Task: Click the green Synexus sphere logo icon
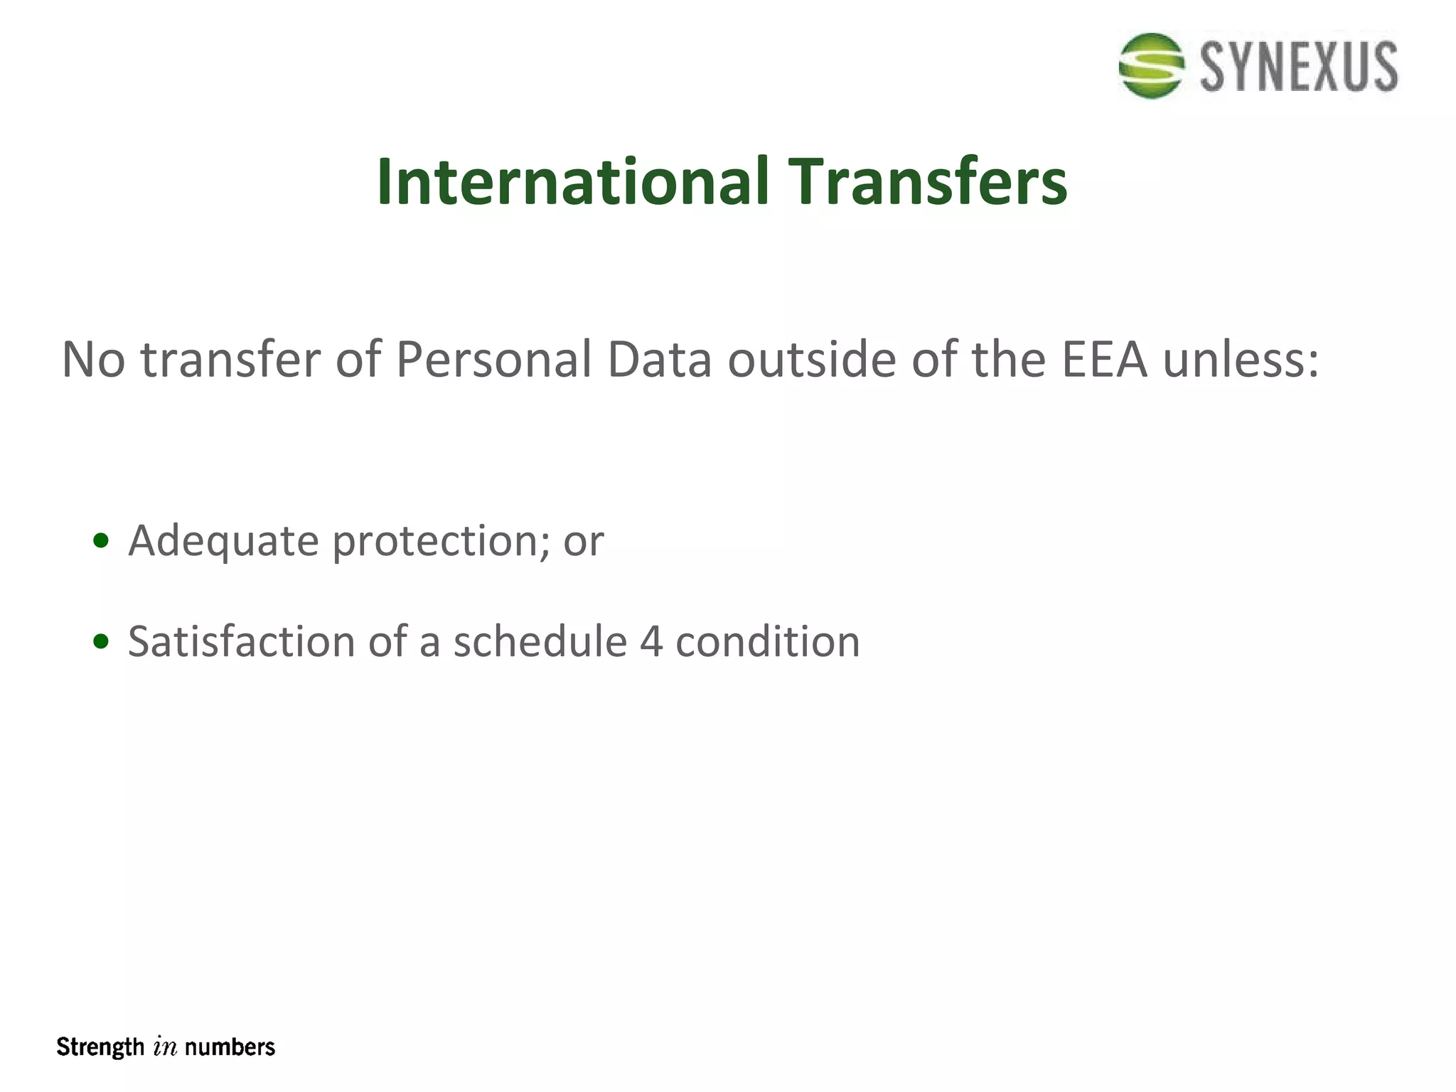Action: [1151, 65]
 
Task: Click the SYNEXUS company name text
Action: [1299, 67]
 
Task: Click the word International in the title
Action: [572, 182]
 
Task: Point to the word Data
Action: [659, 360]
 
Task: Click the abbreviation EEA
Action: [1104, 360]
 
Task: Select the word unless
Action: [1241, 360]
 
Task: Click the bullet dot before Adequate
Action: [101, 541]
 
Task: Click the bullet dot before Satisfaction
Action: [101, 642]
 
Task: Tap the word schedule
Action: [540, 642]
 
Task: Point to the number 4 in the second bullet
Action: [651, 642]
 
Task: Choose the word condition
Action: [767, 642]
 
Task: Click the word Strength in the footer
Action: [100, 1048]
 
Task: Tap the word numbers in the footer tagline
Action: [230, 1047]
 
